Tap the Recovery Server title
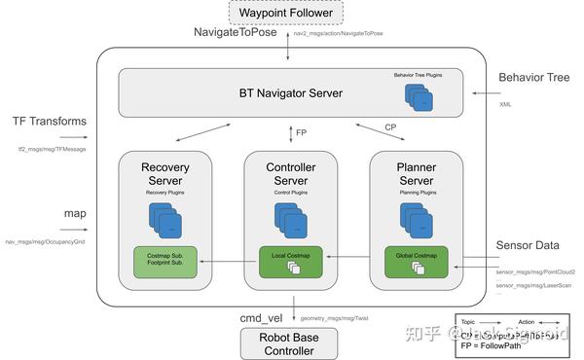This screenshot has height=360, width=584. click(x=164, y=174)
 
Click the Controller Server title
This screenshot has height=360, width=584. click(x=291, y=174)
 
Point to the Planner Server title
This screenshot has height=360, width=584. click(x=416, y=174)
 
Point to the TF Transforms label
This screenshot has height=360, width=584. click(x=50, y=122)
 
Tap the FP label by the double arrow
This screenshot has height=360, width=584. click(x=301, y=130)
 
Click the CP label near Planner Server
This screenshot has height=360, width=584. click(x=389, y=126)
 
